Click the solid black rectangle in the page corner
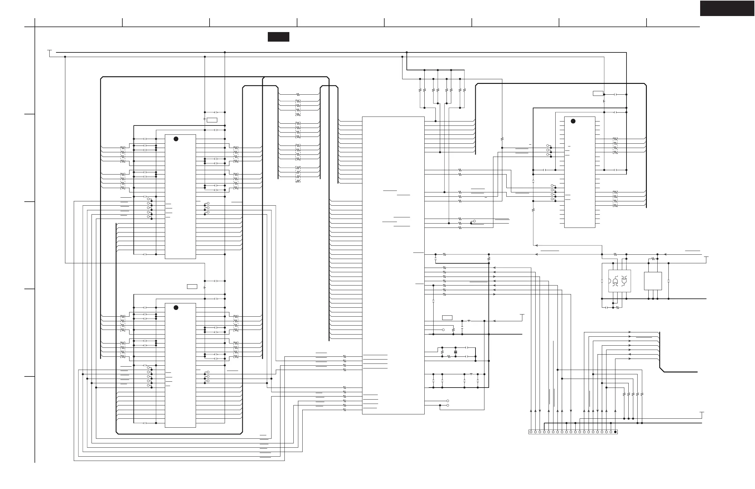tap(727, 8)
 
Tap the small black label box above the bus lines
tap(278, 37)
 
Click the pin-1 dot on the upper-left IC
tap(176, 139)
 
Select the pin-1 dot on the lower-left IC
tap(176, 307)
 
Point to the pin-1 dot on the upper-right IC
tap(573, 121)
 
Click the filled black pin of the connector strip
tap(615, 432)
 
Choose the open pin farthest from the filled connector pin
tap(531, 432)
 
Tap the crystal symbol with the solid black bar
tap(455, 352)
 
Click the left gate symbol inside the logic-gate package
tap(615, 281)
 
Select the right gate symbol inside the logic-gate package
tap(624, 281)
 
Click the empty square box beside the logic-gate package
tap(653, 281)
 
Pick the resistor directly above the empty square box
tap(653, 259)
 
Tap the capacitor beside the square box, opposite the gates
tap(668, 281)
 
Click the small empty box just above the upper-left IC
tap(212, 120)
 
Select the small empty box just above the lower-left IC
tap(192, 286)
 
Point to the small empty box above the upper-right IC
tap(598, 93)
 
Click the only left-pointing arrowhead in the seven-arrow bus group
tap(630, 354)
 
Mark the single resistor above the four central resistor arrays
tap(298, 94)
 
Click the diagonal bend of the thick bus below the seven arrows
tap(662, 370)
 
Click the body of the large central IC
tap(393, 265)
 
